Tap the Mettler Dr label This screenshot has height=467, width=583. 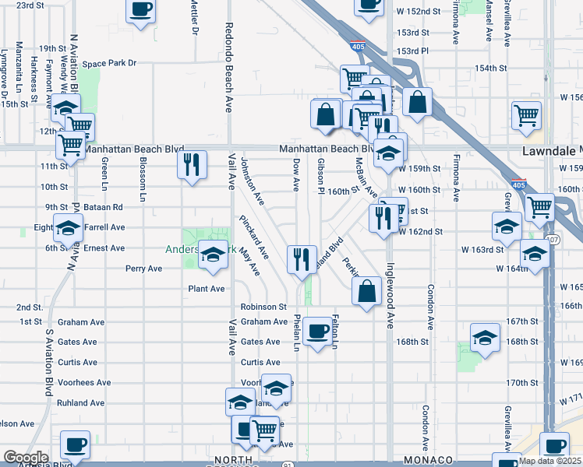click(x=195, y=17)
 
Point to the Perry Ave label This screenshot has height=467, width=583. click(x=143, y=269)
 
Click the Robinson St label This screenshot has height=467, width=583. click(x=264, y=307)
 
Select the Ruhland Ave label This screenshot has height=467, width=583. click(x=80, y=403)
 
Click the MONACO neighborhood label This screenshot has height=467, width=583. click(x=423, y=461)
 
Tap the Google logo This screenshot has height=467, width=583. click(x=26, y=458)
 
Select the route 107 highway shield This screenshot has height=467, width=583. click(x=552, y=239)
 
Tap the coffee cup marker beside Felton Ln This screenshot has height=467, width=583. click(x=316, y=332)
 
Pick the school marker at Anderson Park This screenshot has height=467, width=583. click(x=212, y=255)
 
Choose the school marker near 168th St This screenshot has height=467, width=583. click(x=484, y=339)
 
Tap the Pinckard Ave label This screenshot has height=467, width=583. click(x=254, y=237)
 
